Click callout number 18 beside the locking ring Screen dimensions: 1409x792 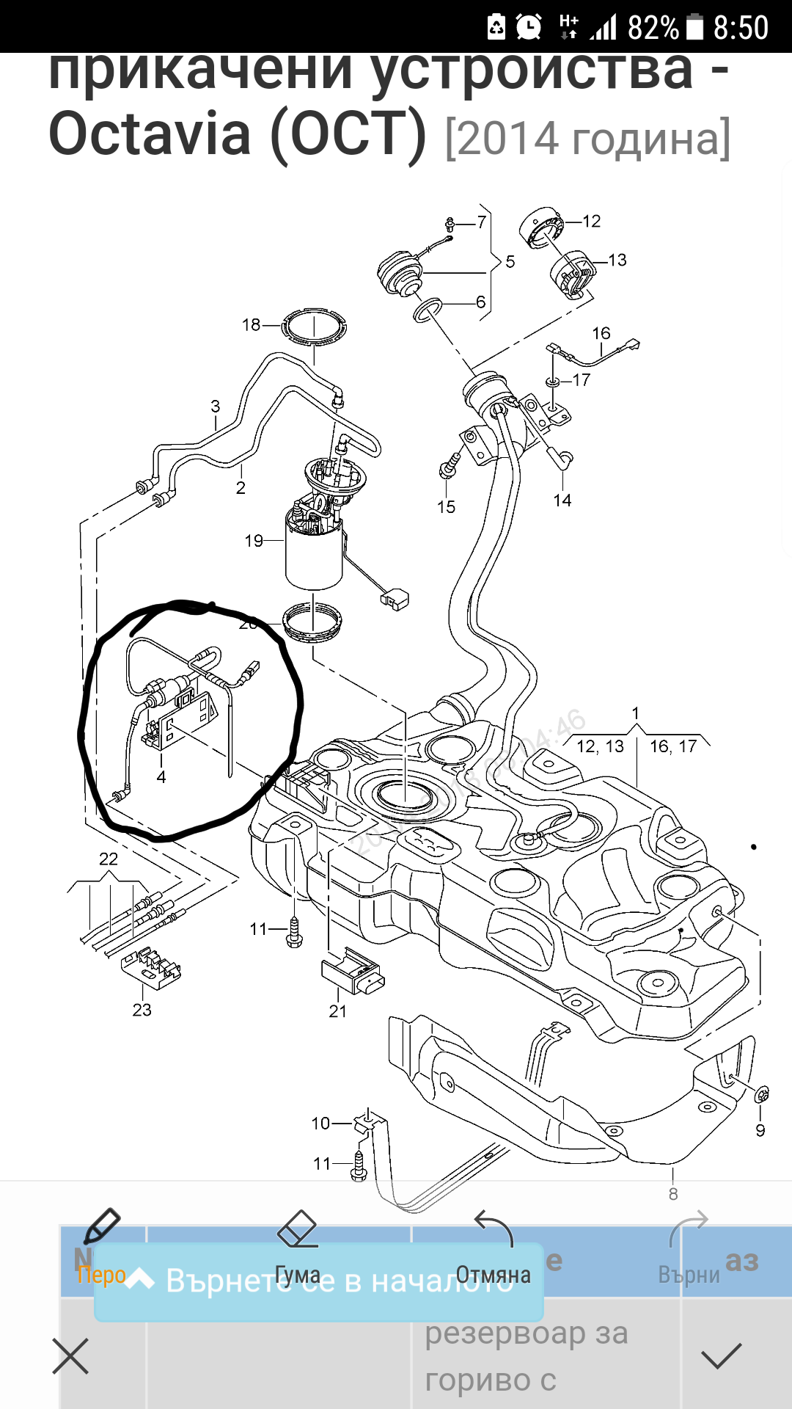(x=251, y=324)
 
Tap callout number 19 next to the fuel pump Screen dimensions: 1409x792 (x=254, y=541)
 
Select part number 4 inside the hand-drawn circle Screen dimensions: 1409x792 (x=161, y=777)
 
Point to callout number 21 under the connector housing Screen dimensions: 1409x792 (x=337, y=1011)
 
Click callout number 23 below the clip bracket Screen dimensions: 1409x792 (x=142, y=1010)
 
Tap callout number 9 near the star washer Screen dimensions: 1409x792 (x=760, y=1131)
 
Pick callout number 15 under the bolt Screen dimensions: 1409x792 (x=446, y=507)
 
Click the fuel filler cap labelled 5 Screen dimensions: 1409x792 (x=400, y=274)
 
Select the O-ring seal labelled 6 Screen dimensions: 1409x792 (x=428, y=310)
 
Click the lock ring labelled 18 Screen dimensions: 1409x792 (x=314, y=327)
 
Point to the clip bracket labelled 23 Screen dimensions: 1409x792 (x=150, y=967)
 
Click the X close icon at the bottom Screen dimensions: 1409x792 (x=70, y=1356)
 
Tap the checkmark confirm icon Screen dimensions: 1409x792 (x=722, y=1356)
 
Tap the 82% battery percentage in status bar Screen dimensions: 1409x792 (x=653, y=28)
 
